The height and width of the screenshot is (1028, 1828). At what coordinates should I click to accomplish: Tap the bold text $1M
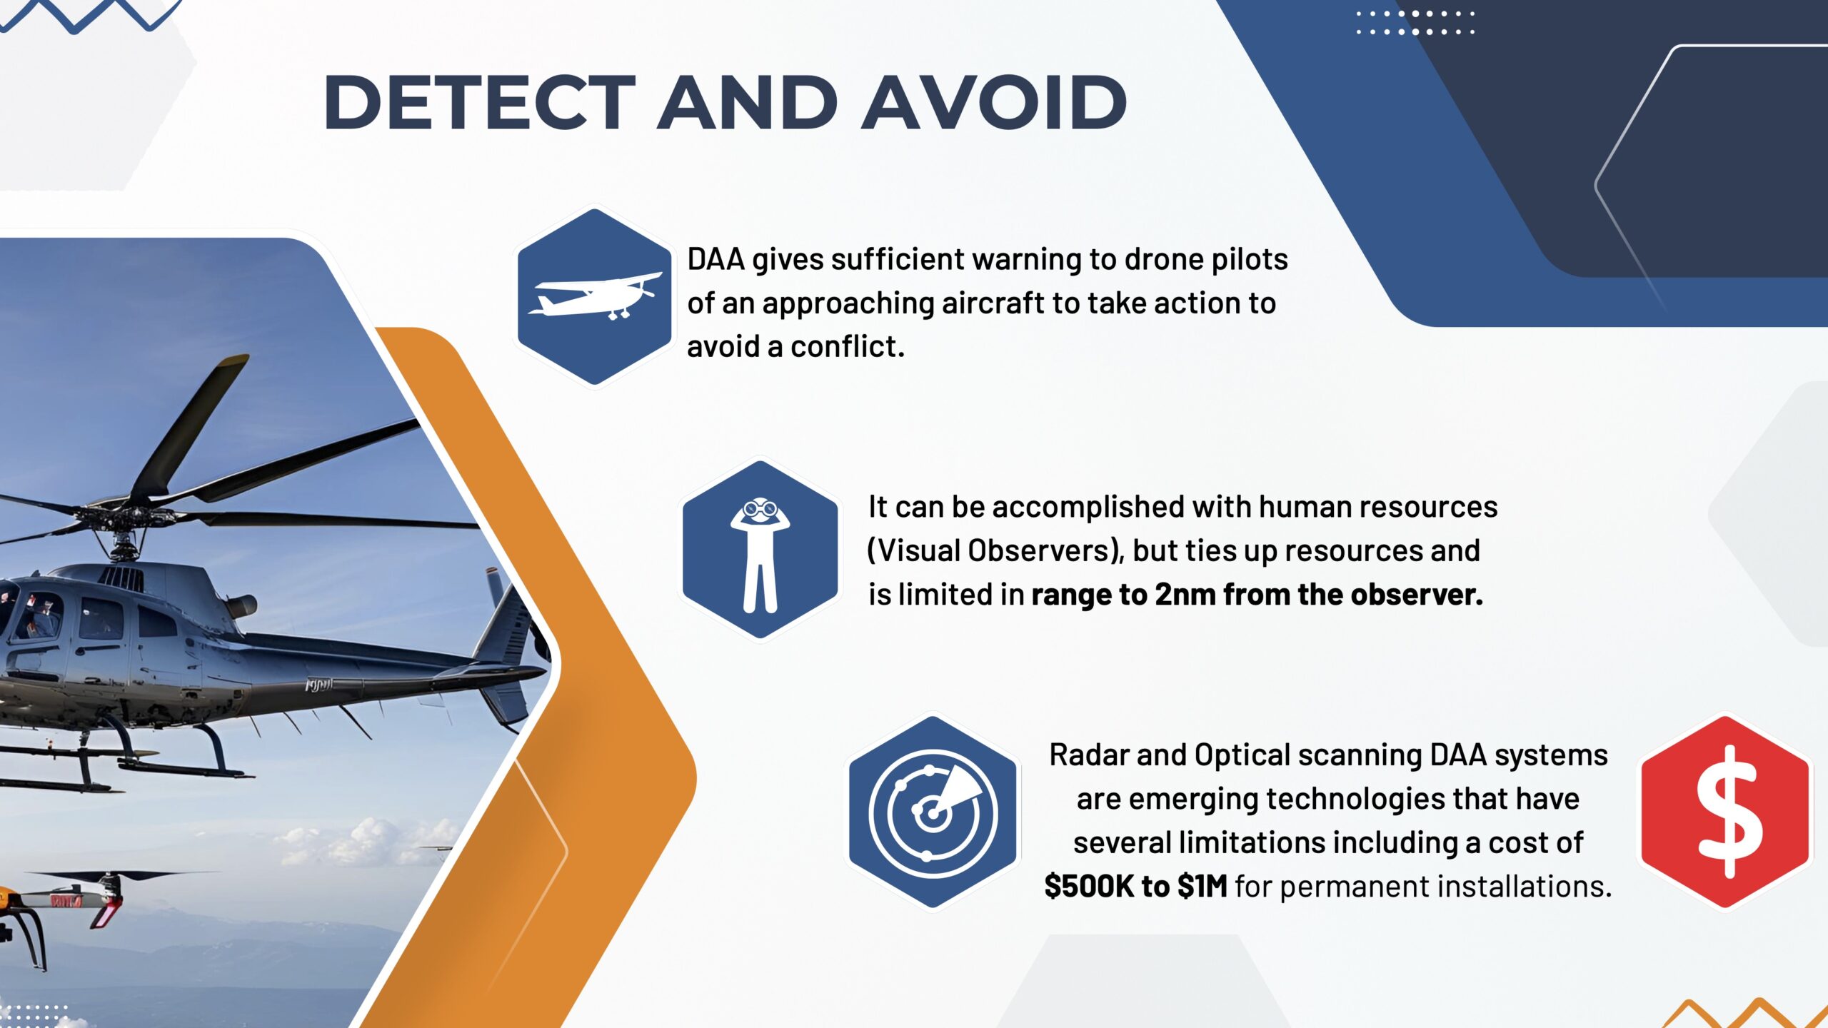point(1202,887)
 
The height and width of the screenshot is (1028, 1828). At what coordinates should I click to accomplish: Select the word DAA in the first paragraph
point(715,259)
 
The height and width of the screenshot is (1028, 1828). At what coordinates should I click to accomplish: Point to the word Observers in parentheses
point(1042,551)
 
